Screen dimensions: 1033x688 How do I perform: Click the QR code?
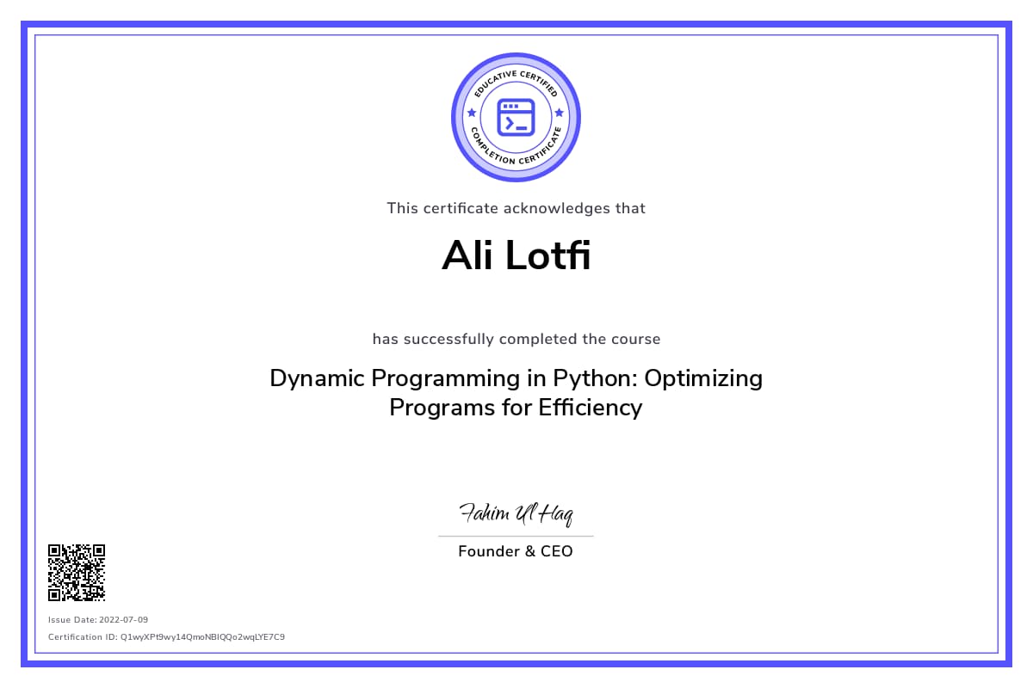tap(77, 573)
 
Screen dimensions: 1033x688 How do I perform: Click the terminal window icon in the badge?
tap(516, 118)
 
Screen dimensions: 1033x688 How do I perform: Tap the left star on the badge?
tap(472, 113)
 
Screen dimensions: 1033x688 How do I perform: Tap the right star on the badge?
tap(560, 113)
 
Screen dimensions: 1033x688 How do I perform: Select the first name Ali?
tap(467, 255)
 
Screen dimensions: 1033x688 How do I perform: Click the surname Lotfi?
tap(547, 255)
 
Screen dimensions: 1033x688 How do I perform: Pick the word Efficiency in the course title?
tap(591, 408)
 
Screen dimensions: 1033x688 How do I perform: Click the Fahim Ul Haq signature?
tap(516, 513)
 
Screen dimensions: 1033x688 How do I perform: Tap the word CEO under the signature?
tap(557, 551)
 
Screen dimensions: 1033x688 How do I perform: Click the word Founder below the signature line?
tap(489, 551)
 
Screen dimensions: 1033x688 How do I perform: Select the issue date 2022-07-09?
tap(124, 620)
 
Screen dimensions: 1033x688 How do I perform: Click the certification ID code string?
tap(202, 637)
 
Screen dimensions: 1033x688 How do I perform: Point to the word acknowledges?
tap(557, 209)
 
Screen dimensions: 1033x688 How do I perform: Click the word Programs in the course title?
tap(442, 408)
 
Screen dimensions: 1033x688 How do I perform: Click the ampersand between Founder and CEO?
tap(530, 551)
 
